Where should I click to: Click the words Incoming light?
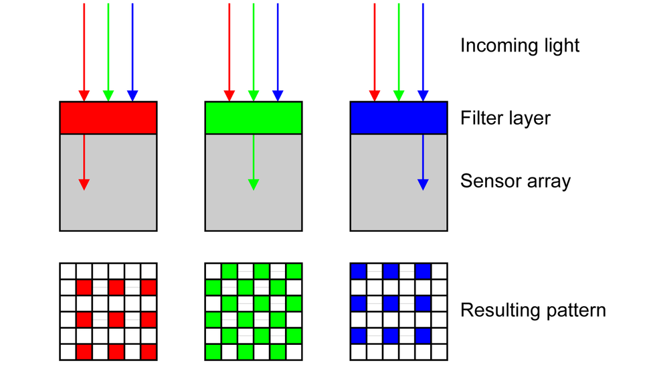519,46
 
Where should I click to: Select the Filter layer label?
505,119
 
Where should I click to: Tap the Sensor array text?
515,181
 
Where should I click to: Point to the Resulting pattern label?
533,311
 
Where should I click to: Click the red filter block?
108,118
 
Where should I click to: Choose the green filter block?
254,118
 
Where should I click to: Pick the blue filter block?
399,118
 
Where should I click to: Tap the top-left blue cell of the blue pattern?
359,271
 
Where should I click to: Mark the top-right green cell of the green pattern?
294,271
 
